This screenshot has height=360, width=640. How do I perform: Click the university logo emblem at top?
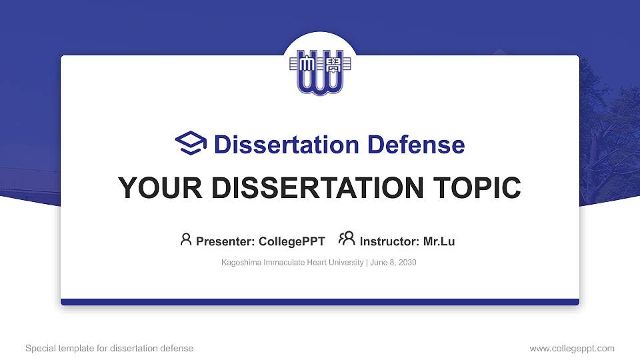320,71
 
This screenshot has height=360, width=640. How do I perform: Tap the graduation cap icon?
191,143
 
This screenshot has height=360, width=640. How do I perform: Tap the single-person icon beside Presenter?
186,239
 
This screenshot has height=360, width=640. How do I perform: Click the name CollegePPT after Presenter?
292,241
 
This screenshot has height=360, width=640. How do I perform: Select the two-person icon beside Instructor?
347,239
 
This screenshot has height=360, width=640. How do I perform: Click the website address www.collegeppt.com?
572,348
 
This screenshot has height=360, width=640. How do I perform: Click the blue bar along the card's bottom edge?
320,302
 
